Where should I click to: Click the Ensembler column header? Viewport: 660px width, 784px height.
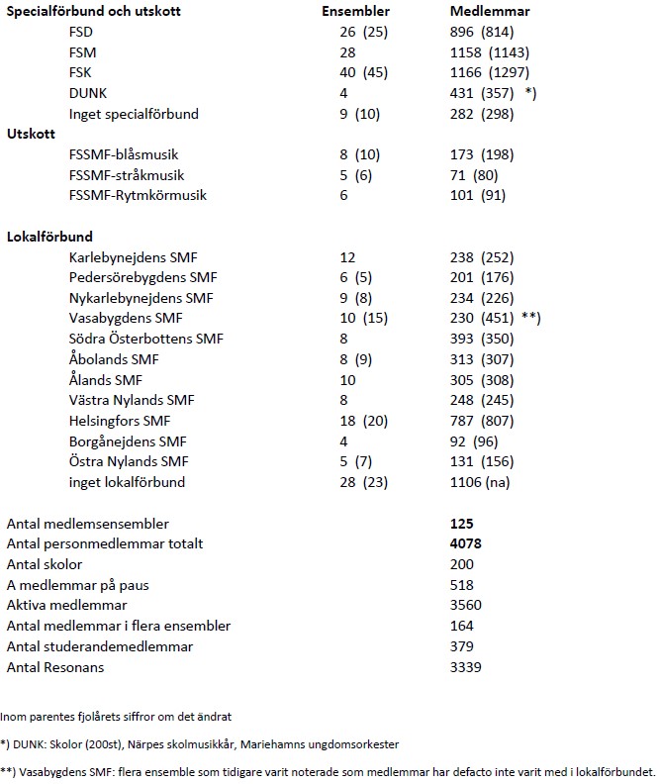click(x=356, y=11)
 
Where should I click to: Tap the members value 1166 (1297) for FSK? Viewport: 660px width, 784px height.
click(x=490, y=72)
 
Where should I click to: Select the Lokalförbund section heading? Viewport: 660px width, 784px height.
click(x=50, y=237)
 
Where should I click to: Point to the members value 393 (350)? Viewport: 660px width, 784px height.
click(x=477, y=340)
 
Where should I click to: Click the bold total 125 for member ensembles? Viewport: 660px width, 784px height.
click(x=462, y=524)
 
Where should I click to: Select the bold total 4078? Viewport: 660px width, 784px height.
click(x=466, y=544)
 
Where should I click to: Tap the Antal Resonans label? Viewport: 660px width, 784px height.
click(x=56, y=667)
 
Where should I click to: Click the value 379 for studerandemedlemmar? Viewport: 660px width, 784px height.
click(x=462, y=646)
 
